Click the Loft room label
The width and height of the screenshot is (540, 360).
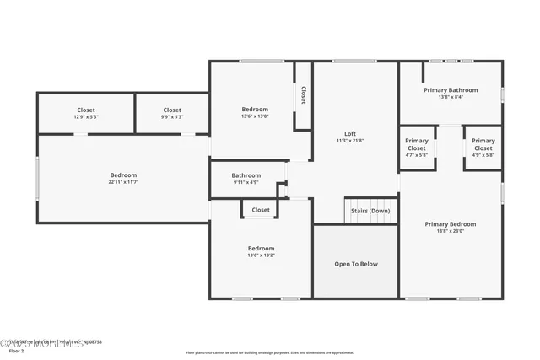tap(350, 133)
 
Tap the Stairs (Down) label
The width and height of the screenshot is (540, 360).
tap(370, 211)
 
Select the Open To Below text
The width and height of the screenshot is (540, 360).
tap(356, 264)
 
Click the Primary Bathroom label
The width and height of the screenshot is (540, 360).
tap(451, 89)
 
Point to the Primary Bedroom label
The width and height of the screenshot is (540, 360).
tap(451, 223)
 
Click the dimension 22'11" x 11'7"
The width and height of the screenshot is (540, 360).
tap(122, 182)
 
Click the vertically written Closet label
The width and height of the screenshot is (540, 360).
tap(303, 96)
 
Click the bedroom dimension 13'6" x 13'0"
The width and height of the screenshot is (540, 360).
tap(255, 116)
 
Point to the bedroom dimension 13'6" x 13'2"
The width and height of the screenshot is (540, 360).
tap(261, 255)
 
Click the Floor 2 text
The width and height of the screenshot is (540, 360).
tap(29, 351)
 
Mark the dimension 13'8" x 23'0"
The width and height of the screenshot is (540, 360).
tap(451, 231)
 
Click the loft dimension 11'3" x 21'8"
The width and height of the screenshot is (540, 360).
tap(350, 141)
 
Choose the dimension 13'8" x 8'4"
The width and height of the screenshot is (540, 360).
tap(451, 97)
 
